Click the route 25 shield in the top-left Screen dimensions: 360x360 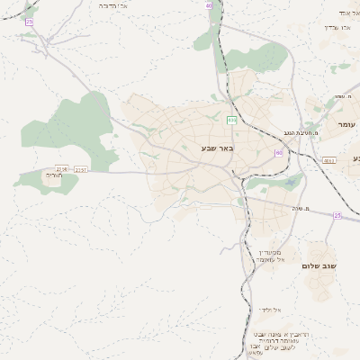tap(30, 21)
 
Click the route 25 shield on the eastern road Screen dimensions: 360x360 tap(337, 215)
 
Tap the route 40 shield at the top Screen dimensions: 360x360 tap(210, 5)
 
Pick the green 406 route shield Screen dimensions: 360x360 tap(231, 120)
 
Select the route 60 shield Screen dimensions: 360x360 tap(279, 153)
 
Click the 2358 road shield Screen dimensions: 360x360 tap(62, 169)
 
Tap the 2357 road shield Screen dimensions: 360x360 tap(81, 169)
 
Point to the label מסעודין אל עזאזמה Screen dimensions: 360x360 tap(268, 255)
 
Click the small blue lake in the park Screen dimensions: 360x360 tap(290, 184)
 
